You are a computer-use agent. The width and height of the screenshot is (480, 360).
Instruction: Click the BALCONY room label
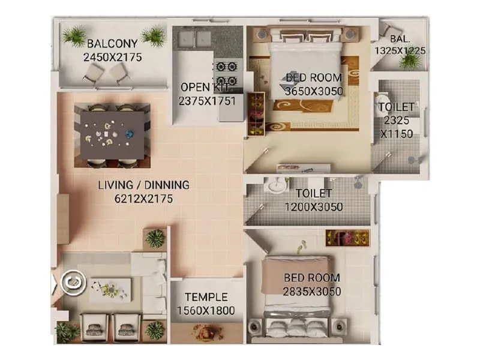click(x=112, y=44)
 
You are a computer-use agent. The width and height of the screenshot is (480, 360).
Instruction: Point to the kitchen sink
click(x=193, y=38)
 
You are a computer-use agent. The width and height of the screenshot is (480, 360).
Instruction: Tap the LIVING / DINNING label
click(x=143, y=185)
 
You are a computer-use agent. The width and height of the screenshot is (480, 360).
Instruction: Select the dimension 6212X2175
click(x=143, y=199)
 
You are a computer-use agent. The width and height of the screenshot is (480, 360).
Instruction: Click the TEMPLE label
click(x=206, y=297)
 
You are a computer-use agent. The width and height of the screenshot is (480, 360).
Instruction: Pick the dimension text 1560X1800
click(x=206, y=311)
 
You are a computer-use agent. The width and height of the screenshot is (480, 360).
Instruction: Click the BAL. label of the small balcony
click(x=400, y=39)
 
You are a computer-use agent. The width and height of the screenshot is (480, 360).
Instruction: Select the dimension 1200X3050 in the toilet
click(x=313, y=207)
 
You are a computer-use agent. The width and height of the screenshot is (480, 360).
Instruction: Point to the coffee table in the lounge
click(x=110, y=289)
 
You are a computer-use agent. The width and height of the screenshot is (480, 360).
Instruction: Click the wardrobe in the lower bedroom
click(x=347, y=237)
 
